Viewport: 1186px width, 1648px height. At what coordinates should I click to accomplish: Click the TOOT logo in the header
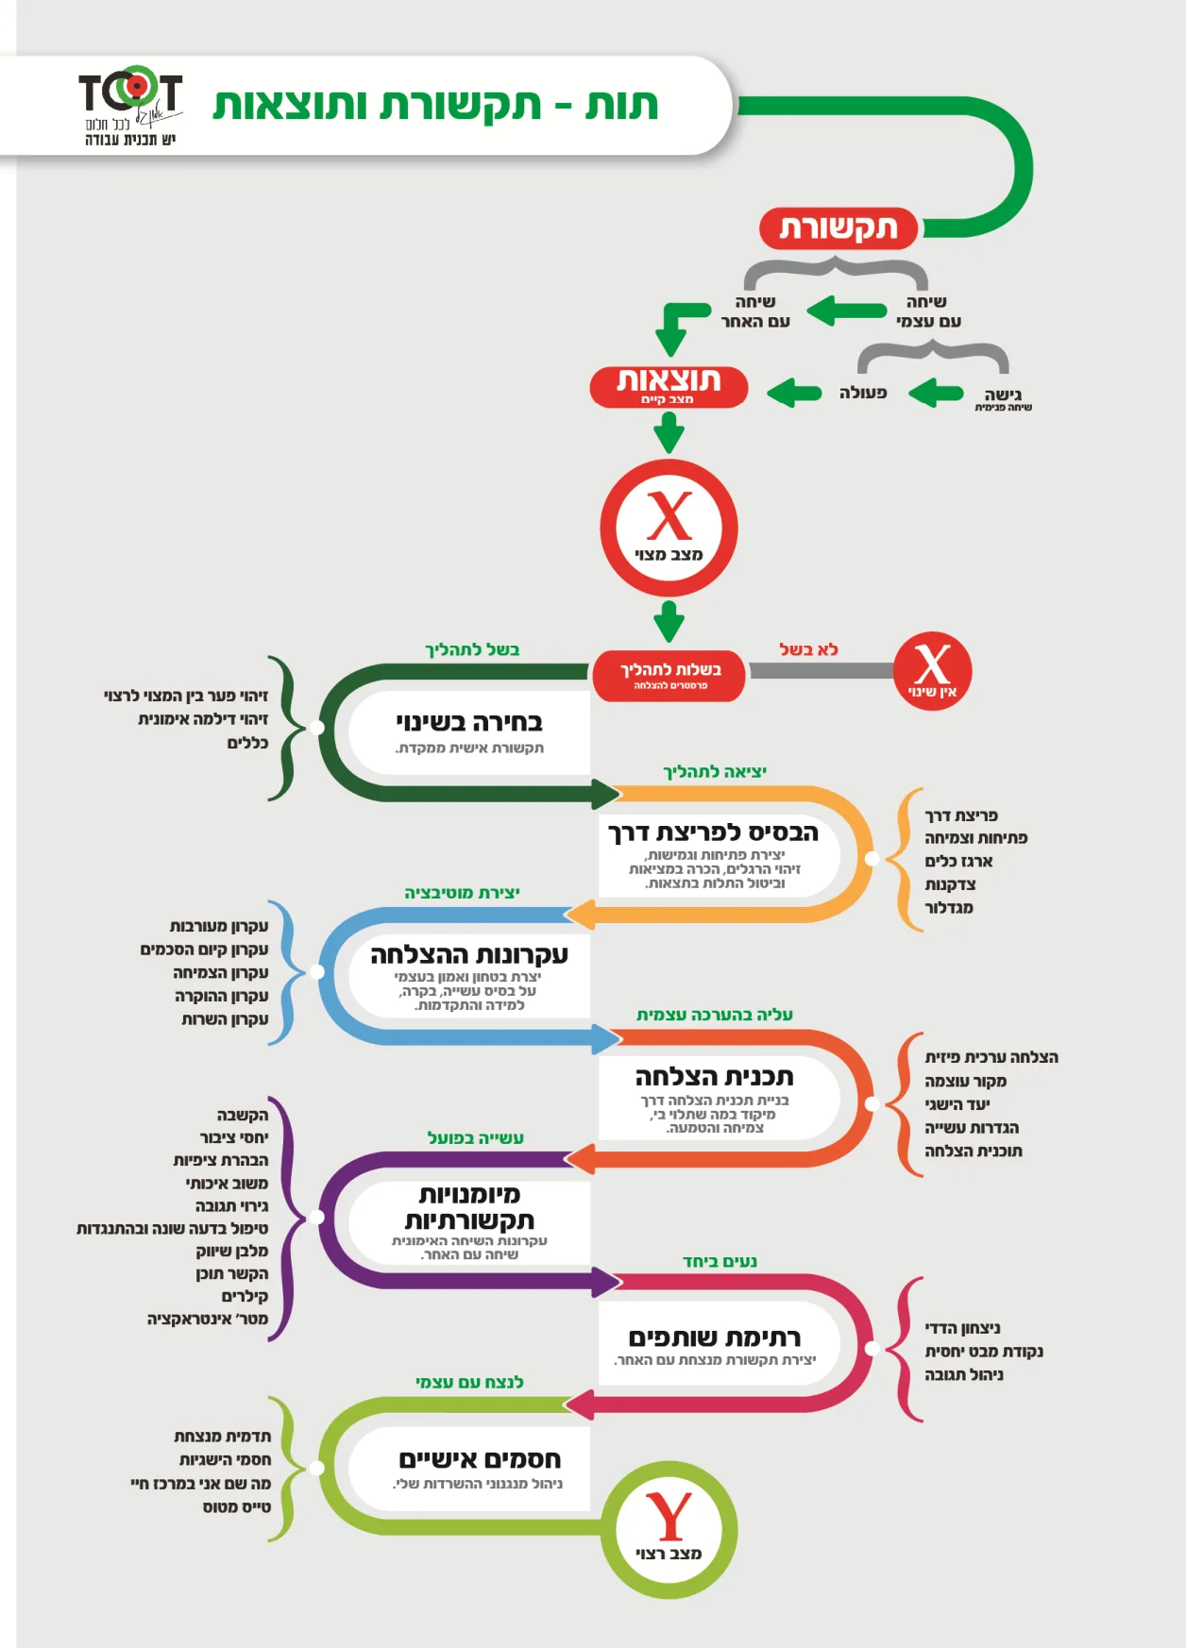click(130, 106)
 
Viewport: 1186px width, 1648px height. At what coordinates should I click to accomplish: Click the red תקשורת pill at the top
click(839, 228)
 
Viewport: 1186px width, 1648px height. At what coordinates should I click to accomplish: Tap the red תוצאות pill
click(669, 387)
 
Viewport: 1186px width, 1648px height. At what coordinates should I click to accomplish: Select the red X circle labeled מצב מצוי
click(669, 528)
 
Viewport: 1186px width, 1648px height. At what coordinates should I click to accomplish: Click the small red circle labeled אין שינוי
click(932, 671)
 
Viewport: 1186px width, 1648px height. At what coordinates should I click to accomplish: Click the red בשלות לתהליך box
click(669, 675)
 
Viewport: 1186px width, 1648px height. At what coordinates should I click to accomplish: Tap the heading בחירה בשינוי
click(469, 723)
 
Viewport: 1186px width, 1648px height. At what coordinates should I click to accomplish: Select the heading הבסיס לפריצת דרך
click(714, 832)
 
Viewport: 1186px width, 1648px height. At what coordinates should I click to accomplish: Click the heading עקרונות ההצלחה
click(469, 954)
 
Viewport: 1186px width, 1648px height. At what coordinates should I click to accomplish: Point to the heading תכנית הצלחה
click(714, 1077)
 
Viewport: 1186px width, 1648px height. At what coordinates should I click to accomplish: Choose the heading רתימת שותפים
click(714, 1337)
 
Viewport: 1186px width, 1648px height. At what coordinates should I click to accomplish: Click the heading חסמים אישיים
click(480, 1459)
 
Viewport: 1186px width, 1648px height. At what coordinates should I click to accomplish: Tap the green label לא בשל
click(808, 649)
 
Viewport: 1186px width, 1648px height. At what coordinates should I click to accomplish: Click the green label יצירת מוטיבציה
click(462, 893)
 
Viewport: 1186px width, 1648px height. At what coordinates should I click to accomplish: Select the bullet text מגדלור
click(949, 908)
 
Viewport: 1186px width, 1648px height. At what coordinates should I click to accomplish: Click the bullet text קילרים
click(245, 1296)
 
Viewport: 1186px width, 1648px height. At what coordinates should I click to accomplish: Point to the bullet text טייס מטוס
click(237, 1507)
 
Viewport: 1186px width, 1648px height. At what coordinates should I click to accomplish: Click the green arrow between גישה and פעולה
click(936, 393)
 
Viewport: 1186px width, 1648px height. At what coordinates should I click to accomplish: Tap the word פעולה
click(863, 393)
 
